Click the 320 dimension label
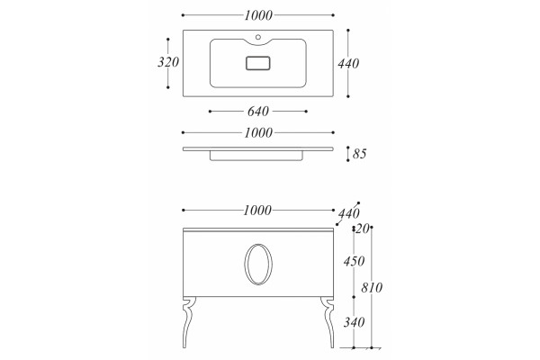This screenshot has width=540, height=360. click(168, 62)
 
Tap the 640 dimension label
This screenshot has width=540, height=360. click(258, 112)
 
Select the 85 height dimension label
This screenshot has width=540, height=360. click(359, 154)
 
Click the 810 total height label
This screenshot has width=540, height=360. click(372, 287)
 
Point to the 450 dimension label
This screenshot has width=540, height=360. click(354, 261)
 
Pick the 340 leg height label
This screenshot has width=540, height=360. click(354, 322)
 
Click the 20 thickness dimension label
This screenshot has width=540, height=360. click(363, 229)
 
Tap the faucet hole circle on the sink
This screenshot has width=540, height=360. click(258, 37)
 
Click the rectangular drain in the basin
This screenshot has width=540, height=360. click(258, 63)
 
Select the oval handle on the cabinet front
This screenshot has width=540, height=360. click(245, 265)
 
